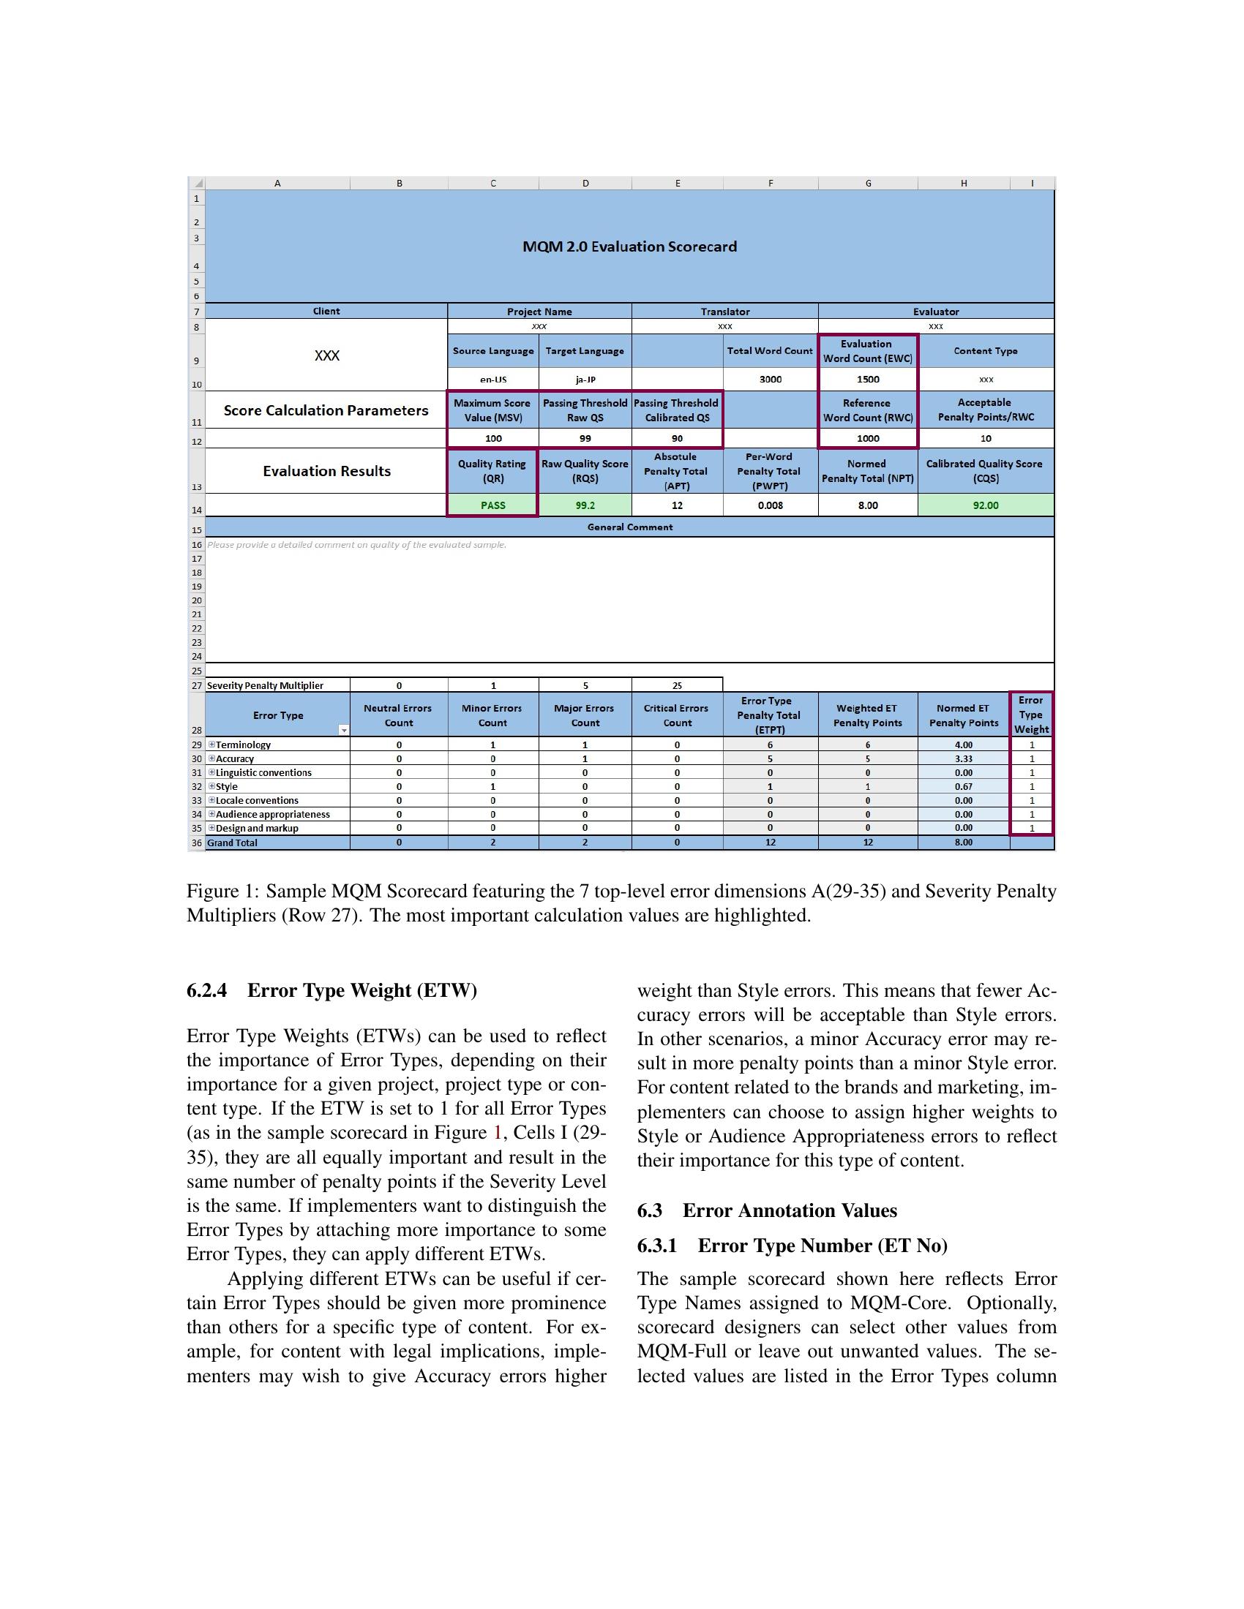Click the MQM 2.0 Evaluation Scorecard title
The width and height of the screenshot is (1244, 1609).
click(629, 246)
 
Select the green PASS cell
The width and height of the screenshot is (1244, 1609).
click(493, 505)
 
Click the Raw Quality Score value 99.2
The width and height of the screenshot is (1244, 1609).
click(585, 505)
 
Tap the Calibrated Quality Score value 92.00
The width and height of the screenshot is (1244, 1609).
click(986, 505)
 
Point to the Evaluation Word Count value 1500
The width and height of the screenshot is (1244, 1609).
click(867, 380)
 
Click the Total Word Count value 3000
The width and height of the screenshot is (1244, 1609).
click(770, 380)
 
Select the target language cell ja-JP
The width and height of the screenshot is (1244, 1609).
click(585, 380)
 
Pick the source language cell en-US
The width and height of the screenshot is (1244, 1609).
click(493, 380)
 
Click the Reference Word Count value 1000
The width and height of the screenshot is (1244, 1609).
click(867, 438)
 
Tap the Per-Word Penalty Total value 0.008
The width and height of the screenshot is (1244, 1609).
click(770, 505)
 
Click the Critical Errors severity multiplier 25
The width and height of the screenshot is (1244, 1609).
click(678, 685)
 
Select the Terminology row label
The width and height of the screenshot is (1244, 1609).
click(243, 745)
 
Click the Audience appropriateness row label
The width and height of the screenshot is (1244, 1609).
click(272, 814)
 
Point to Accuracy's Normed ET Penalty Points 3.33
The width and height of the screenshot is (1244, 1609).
click(963, 759)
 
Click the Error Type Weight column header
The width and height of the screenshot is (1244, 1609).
click(1031, 715)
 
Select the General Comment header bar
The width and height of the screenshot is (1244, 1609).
click(629, 527)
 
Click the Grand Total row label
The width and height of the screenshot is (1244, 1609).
click(232, 843)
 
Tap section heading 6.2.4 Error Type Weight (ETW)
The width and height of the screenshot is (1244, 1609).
click(331, 990)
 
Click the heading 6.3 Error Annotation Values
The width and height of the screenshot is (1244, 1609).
click(766, 1210)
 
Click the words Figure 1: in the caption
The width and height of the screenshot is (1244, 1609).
click(222, 892)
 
